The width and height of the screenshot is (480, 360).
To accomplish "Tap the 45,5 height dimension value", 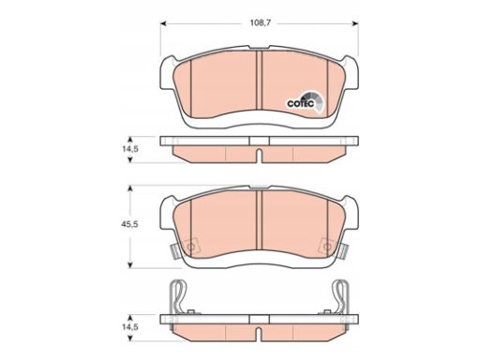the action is (x=129, y=224).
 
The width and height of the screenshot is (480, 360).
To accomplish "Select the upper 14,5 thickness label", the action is (x=130, y=149).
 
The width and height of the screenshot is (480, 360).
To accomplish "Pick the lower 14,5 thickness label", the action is (x=130, y=327).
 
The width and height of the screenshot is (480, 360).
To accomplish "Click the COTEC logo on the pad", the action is (x=306, y=101).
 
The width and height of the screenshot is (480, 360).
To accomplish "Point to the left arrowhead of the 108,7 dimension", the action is (x=163, y=23).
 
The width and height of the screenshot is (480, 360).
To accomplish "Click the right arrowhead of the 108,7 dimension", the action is (x=355, y=23).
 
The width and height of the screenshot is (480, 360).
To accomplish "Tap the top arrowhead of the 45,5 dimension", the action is (x=130, y=188).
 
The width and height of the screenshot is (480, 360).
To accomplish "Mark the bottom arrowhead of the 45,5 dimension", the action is (x=130, y=265).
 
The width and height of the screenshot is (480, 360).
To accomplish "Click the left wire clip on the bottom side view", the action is (x=178, y=297).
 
